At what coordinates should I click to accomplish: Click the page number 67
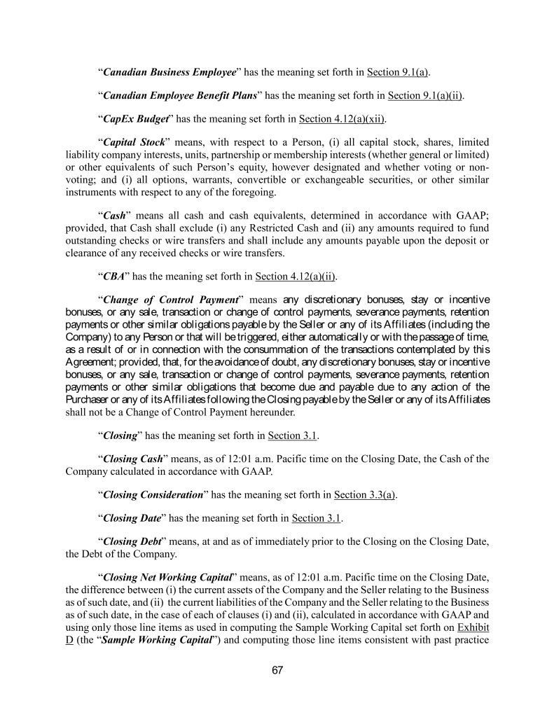pyautogui.click(x=277, y=670)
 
